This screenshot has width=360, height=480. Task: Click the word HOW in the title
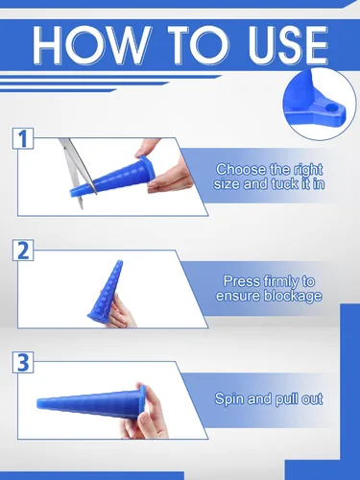coord(92,44)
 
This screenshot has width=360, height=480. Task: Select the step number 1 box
coord(23,138)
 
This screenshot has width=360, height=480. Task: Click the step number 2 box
coord(23,251)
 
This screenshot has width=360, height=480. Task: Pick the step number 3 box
coord(23,362)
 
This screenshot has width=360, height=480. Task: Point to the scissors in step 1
coord(77,171)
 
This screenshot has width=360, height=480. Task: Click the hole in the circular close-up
coord(332,109)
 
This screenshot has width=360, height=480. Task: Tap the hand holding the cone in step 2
coord(117,309)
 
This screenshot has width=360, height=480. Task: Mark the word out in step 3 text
coord(311,399)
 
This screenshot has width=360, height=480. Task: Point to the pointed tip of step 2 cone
coord(120,262)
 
